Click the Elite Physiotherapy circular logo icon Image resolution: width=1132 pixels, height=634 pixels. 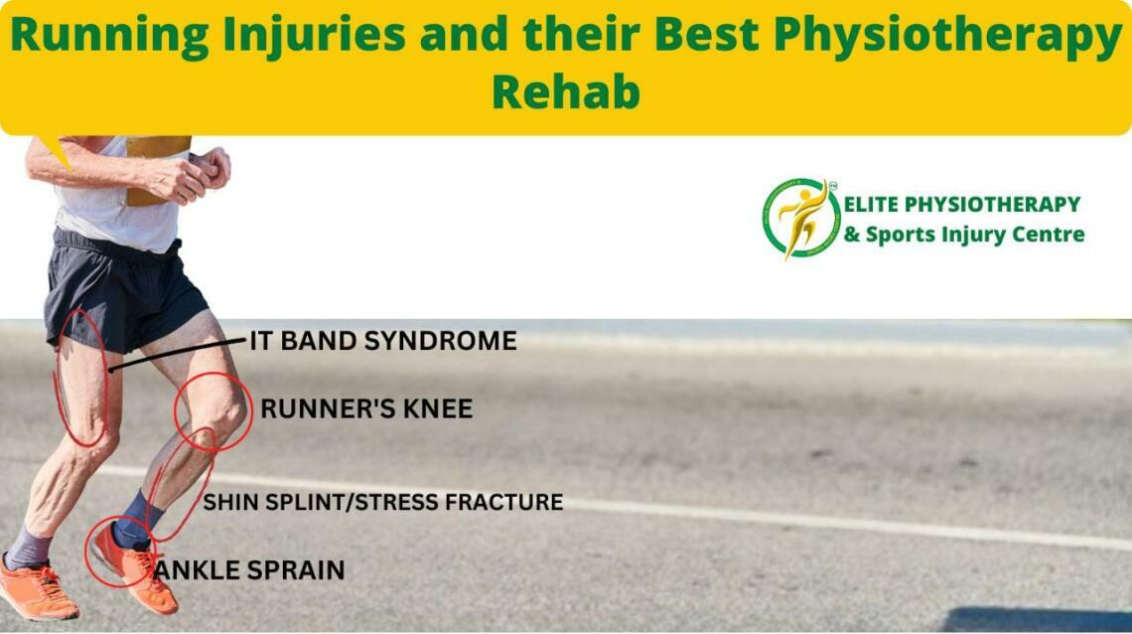click(x=801, y=219)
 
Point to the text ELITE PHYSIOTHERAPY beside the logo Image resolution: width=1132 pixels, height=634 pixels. click(x=961, y=205)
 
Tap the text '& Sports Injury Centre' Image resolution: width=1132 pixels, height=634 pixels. click(x=963, y=236)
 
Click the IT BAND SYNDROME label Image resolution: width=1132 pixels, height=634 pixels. click(x=382, y=342)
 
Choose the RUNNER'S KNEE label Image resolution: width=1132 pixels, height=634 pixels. click(x=365, y=408)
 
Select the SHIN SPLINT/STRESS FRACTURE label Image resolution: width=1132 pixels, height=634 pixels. click(x=382, y=502)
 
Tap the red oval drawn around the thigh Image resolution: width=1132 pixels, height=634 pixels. click(x=81, y=378)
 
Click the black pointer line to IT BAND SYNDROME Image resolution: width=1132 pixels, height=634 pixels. click(x=179, y=355)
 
